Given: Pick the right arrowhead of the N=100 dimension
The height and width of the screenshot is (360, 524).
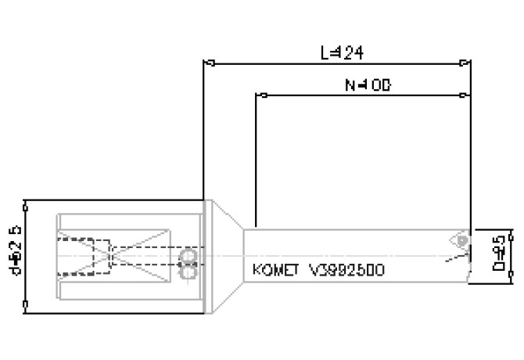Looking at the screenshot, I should coord(466,95).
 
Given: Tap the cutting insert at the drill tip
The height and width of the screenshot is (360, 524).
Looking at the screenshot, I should coord(460,239).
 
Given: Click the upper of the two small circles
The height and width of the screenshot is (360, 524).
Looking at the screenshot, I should coord(188,257).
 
